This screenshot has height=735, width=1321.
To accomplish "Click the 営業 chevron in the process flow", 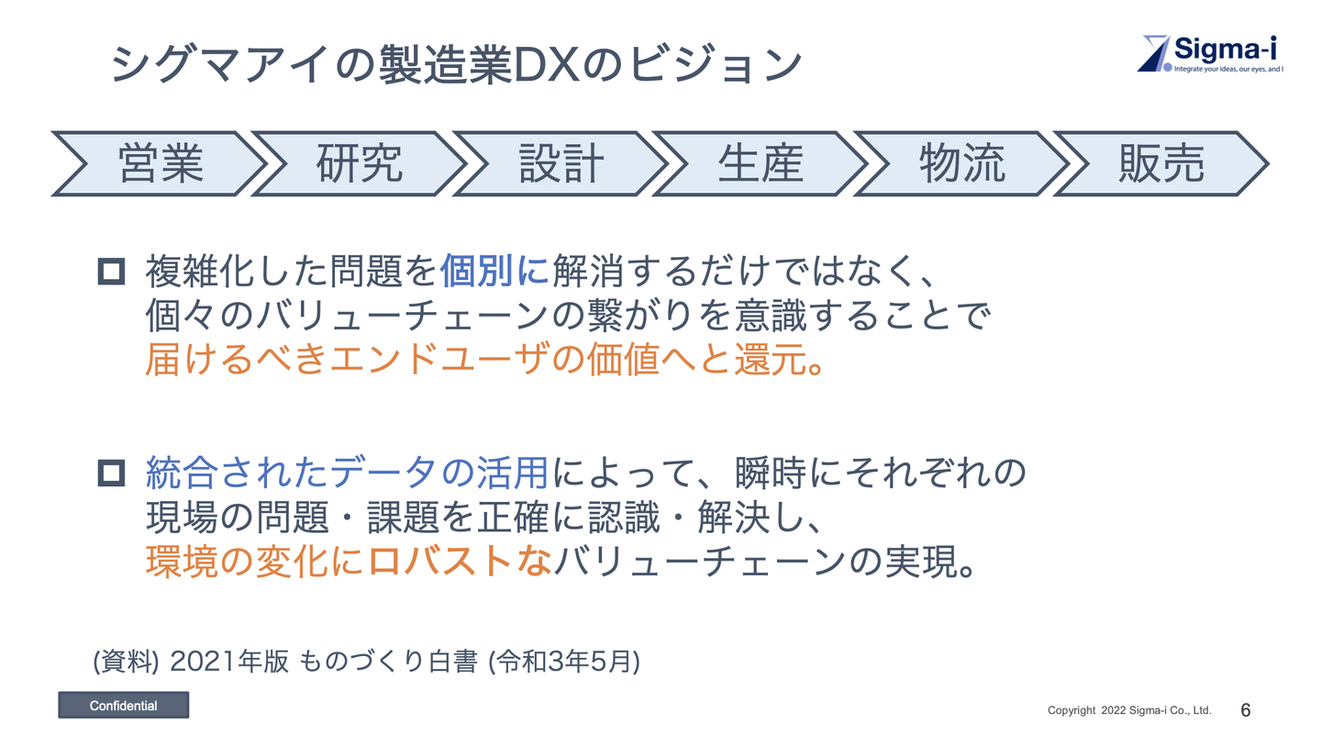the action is click(161, 163).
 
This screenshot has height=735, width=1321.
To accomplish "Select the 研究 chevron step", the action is click(360, 163).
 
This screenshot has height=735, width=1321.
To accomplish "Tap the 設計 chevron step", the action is click(561, 163).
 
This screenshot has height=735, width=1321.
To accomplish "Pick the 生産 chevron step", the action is click(760, 163).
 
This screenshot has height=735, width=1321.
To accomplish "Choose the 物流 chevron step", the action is click(961, 163).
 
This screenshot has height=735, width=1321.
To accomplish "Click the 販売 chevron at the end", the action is click(1161, 163).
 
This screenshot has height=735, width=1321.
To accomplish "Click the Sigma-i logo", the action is click(1211, 53).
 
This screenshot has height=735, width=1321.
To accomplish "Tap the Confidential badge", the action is click(123, 706).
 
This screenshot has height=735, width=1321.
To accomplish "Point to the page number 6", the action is click(1246, 710).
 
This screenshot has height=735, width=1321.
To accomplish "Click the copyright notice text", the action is click(1129, 710).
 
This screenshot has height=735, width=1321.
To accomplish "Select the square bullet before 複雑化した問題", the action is click(111, 272).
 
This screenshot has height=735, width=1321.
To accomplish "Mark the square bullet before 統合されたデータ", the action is click(111, 473).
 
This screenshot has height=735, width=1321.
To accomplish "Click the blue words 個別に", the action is click(494, 272).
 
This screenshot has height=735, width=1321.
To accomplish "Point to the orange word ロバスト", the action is click(440, 561).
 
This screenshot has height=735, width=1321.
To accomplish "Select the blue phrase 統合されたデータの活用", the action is click(348, 473).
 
